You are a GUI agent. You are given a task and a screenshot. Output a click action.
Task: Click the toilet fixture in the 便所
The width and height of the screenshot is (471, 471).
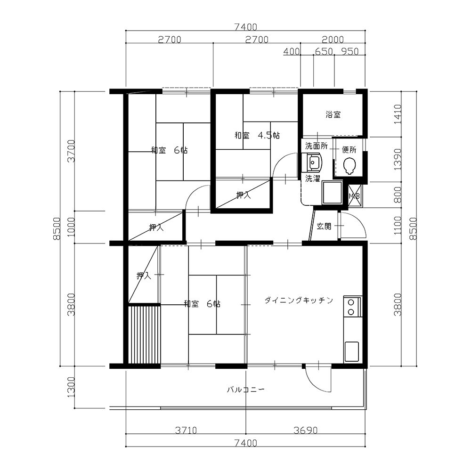click(x=349, y=166)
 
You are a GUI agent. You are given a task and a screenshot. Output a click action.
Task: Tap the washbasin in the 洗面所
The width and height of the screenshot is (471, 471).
click(x=314, y=162)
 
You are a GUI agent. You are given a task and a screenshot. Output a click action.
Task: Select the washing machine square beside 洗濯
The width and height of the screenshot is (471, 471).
click(x=332, y=193)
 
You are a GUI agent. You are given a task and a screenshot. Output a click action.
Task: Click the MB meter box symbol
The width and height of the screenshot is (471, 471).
click(x=354, y=196)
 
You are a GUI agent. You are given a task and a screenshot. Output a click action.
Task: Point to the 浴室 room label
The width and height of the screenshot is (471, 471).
click(x=333, y=114)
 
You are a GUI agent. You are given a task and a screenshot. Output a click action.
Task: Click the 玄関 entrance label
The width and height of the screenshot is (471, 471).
click(x=324, y=226)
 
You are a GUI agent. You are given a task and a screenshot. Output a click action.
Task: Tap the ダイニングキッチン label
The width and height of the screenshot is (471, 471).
click(x=299, y=300)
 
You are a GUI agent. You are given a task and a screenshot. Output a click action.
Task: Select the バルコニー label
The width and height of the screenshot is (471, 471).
click(x=246, y=390)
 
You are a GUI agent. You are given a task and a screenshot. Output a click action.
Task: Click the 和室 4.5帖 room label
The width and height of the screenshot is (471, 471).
click(x=257, y=136)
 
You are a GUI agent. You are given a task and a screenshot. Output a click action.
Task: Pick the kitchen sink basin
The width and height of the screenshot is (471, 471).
click(x=352, y=351)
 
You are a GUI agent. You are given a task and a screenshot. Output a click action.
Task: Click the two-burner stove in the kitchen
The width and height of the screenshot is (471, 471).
click(x=351, y=307)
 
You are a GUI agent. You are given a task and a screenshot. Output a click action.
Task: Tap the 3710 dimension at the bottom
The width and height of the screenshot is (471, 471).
click(x=186, y=430)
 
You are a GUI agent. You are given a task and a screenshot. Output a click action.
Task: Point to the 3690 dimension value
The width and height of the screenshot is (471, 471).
click(x=306, y=430)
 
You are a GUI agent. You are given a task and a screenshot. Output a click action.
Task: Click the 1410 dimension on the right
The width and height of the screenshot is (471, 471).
click(x=397, y=114)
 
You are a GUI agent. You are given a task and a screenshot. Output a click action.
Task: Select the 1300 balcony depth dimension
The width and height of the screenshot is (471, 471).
click(x=71, y=388)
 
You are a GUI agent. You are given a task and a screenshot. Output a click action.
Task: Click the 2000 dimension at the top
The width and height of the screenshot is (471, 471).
click(x=333, y=40)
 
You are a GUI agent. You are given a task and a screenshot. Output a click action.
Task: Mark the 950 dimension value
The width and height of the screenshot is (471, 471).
click(x=350, y=52)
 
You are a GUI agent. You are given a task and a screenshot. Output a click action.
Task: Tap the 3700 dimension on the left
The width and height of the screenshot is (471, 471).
click(x=71, y=151)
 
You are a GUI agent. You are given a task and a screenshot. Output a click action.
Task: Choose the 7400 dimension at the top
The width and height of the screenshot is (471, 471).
click(x=246, y=27)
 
